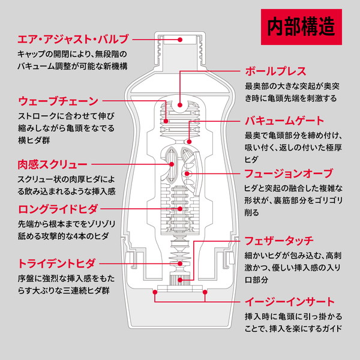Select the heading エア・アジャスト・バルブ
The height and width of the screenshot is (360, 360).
tap(73, 40)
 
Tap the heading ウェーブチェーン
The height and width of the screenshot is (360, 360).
tap(58, 100)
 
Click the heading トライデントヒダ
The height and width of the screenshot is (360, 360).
tap(58, 263)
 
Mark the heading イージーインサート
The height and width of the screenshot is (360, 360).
tap(289, 301)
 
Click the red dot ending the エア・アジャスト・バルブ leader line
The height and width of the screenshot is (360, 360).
tap(180, 40)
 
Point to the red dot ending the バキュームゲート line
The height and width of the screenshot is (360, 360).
tap(188, 142)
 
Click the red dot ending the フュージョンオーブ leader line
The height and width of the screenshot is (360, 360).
tap(188, 173)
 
